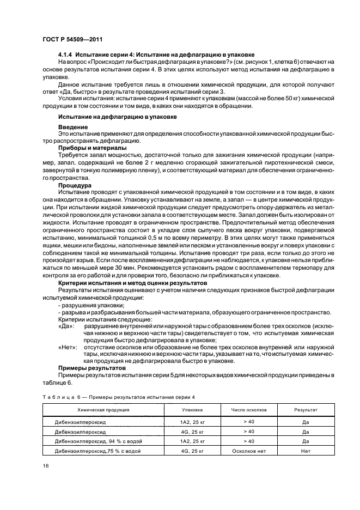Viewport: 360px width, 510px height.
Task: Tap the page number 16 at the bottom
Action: click(x=45, y=465)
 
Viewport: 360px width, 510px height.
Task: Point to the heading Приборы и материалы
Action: click(x=93, y=148)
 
